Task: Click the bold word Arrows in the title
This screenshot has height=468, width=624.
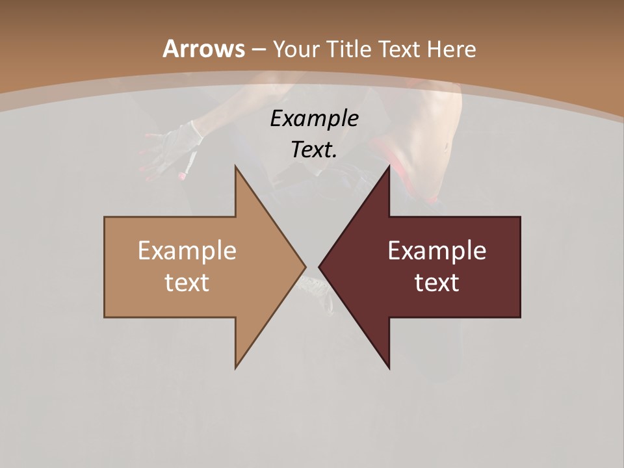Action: click(x=204, y=49)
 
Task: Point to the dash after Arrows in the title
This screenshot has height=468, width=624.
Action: click(x=259, y=50)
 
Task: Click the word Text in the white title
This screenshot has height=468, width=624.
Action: click(x=400, y=49)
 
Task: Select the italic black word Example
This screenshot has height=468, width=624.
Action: click(x=314, y=119)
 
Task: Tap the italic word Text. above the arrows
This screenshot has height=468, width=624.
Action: click(x=314, y=150)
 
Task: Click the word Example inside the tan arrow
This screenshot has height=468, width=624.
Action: click(x=187, y=250)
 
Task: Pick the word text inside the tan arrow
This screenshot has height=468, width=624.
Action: click(x=187, y=282)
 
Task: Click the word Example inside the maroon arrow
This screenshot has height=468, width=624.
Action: click(x=437, y=250)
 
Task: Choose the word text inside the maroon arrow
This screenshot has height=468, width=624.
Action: click(x=437, y=282)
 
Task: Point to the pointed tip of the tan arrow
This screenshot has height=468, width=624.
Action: click(x=305, y=266)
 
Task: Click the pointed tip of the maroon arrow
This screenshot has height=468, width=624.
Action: click(x=320, y=266)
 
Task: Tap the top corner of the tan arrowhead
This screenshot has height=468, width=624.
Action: click(x=236, y=167)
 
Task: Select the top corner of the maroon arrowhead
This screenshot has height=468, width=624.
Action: click(x=389, y=167)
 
